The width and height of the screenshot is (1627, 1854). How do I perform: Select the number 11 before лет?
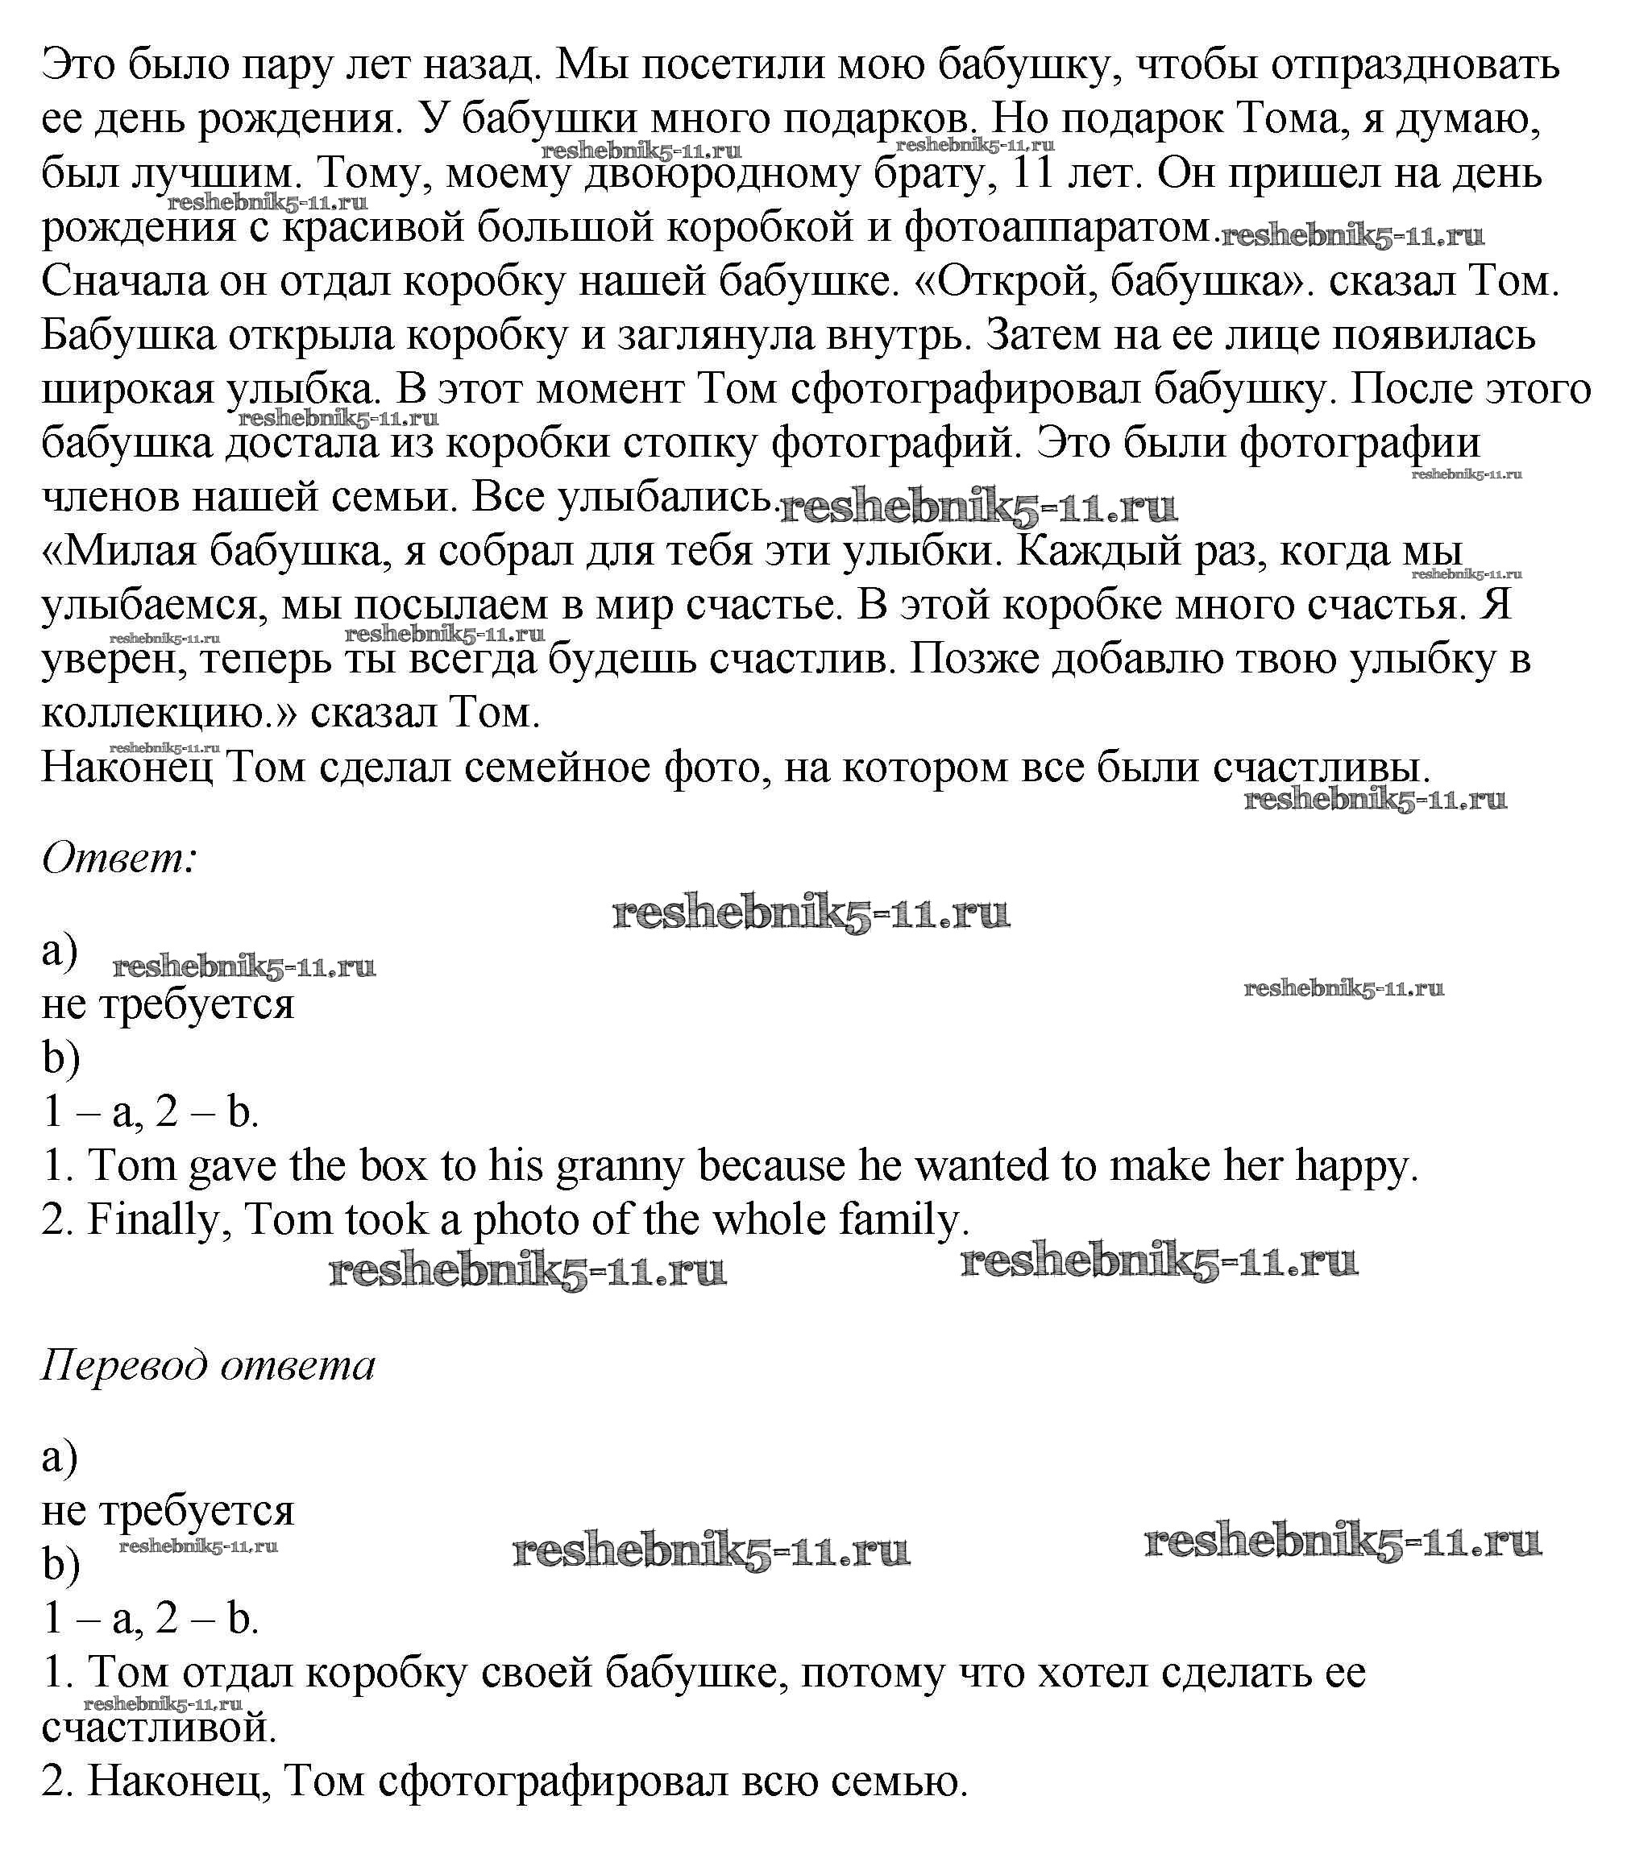[x=1032, y=172]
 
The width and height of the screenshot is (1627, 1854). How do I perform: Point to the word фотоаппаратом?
[x=1058, y=228]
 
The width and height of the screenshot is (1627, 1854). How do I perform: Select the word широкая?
[x=127, y=390]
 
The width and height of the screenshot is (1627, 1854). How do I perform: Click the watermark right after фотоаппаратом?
[x=1352, y=237]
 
